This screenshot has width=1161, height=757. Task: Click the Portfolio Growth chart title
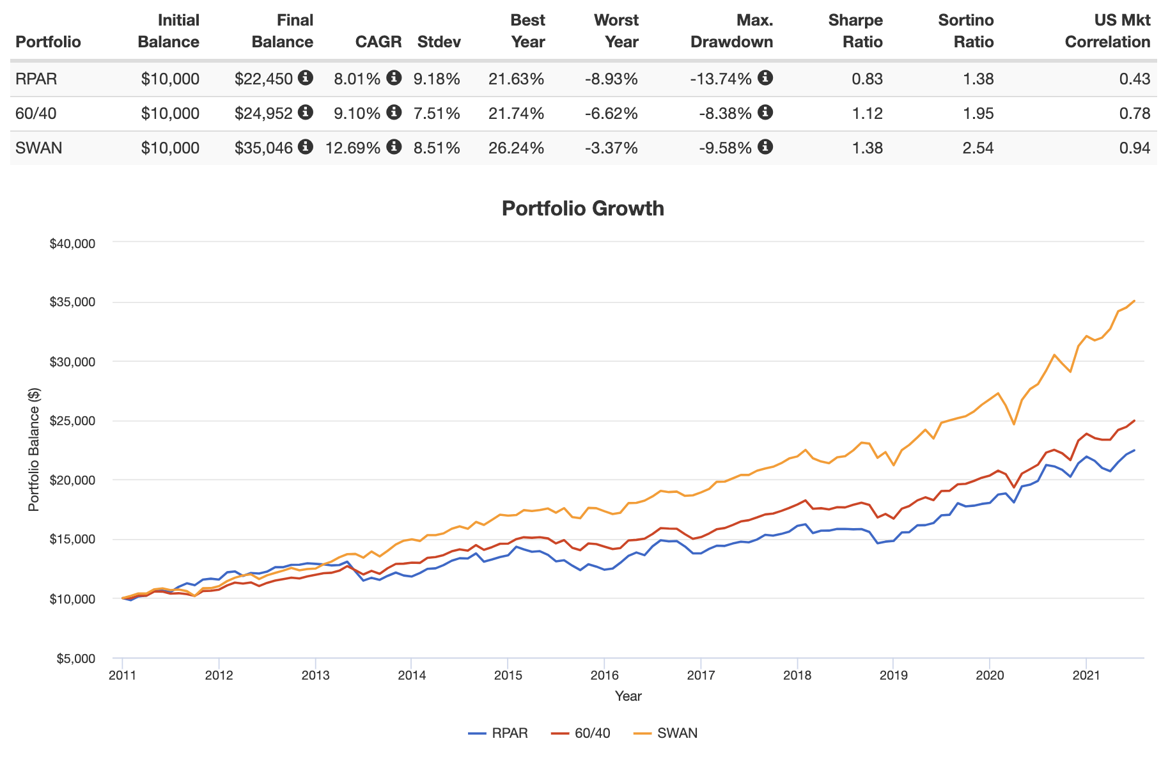click(x=582, y=208)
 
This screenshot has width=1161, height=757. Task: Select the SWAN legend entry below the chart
click(x=676, y=733)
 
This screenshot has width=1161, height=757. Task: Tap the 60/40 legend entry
click(x=592, y=733)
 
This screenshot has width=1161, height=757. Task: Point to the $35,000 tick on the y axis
click(x=72, y=302)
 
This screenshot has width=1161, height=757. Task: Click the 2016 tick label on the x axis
click(x=604, y=676)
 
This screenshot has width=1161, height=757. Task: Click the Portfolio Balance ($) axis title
click(x=33, y=449)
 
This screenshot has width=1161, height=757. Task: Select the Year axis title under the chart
click(x=628, y=696)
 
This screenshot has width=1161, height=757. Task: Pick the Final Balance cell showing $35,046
click(x=263, y=148)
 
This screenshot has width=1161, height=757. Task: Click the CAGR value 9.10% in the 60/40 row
click(x=357, y=114)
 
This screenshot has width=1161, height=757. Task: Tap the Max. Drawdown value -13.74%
click(x=721, y=79)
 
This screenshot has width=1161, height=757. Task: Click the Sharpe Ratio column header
click(x=855, y=31)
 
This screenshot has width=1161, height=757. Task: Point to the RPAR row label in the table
click(x=36, y=79)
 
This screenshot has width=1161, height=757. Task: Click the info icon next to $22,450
click(x=306, y=78)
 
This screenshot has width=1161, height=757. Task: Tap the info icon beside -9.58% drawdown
click(x=765, y=147)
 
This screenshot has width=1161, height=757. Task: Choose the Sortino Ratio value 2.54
click(x=978, y=148)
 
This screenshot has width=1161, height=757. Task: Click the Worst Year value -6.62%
click(x=611, y=114)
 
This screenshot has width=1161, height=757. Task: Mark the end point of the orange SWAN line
click(x=1134, y=300)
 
